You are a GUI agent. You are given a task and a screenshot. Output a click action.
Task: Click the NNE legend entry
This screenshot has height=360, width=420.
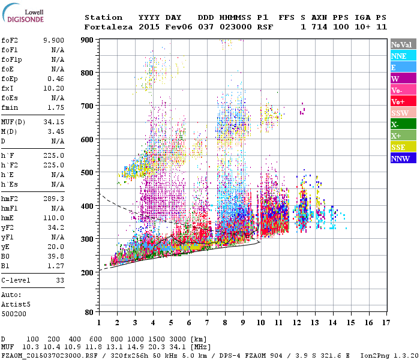(403, 56)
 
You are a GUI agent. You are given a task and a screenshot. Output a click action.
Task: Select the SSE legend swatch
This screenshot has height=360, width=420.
(403, 147)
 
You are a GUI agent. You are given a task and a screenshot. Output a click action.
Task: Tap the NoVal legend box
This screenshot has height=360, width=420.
(403, 44)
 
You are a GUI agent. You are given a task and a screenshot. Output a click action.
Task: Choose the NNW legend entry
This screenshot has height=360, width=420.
(403, 158)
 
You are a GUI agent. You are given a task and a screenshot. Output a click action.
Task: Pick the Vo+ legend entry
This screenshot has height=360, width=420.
(403, 101)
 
